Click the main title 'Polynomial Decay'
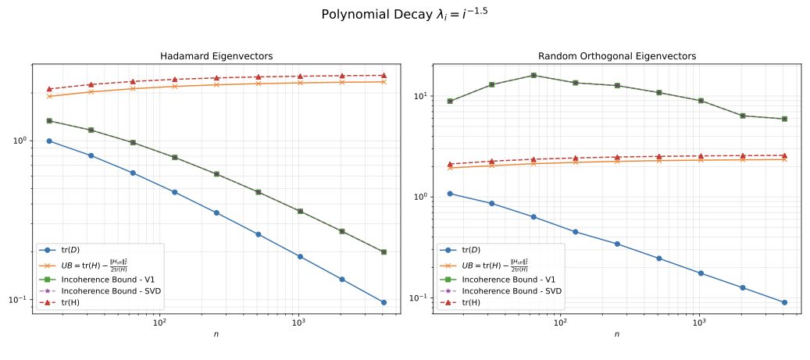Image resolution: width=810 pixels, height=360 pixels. coord(405,14)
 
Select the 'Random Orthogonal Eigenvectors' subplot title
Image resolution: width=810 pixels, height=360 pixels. coord(616,56)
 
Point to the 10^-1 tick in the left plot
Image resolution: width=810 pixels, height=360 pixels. coord(20,300)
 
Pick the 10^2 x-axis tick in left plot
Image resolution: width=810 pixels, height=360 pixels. coord(159,323)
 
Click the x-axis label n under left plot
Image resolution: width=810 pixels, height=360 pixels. coord(216,334)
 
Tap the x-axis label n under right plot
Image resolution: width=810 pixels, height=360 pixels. coord(616,334)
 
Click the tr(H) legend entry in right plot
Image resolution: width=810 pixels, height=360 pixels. coord(472,302)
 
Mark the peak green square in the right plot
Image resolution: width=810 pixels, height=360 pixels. coord(533,75)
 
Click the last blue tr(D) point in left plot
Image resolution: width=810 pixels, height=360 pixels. coord(384,302)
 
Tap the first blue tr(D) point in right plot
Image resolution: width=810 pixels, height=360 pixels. coord(450,194)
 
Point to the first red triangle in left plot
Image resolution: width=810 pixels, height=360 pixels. coord(49,89)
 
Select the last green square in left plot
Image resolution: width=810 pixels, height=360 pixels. coord(384,251)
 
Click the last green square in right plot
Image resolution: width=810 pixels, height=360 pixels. coord(784,119)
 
